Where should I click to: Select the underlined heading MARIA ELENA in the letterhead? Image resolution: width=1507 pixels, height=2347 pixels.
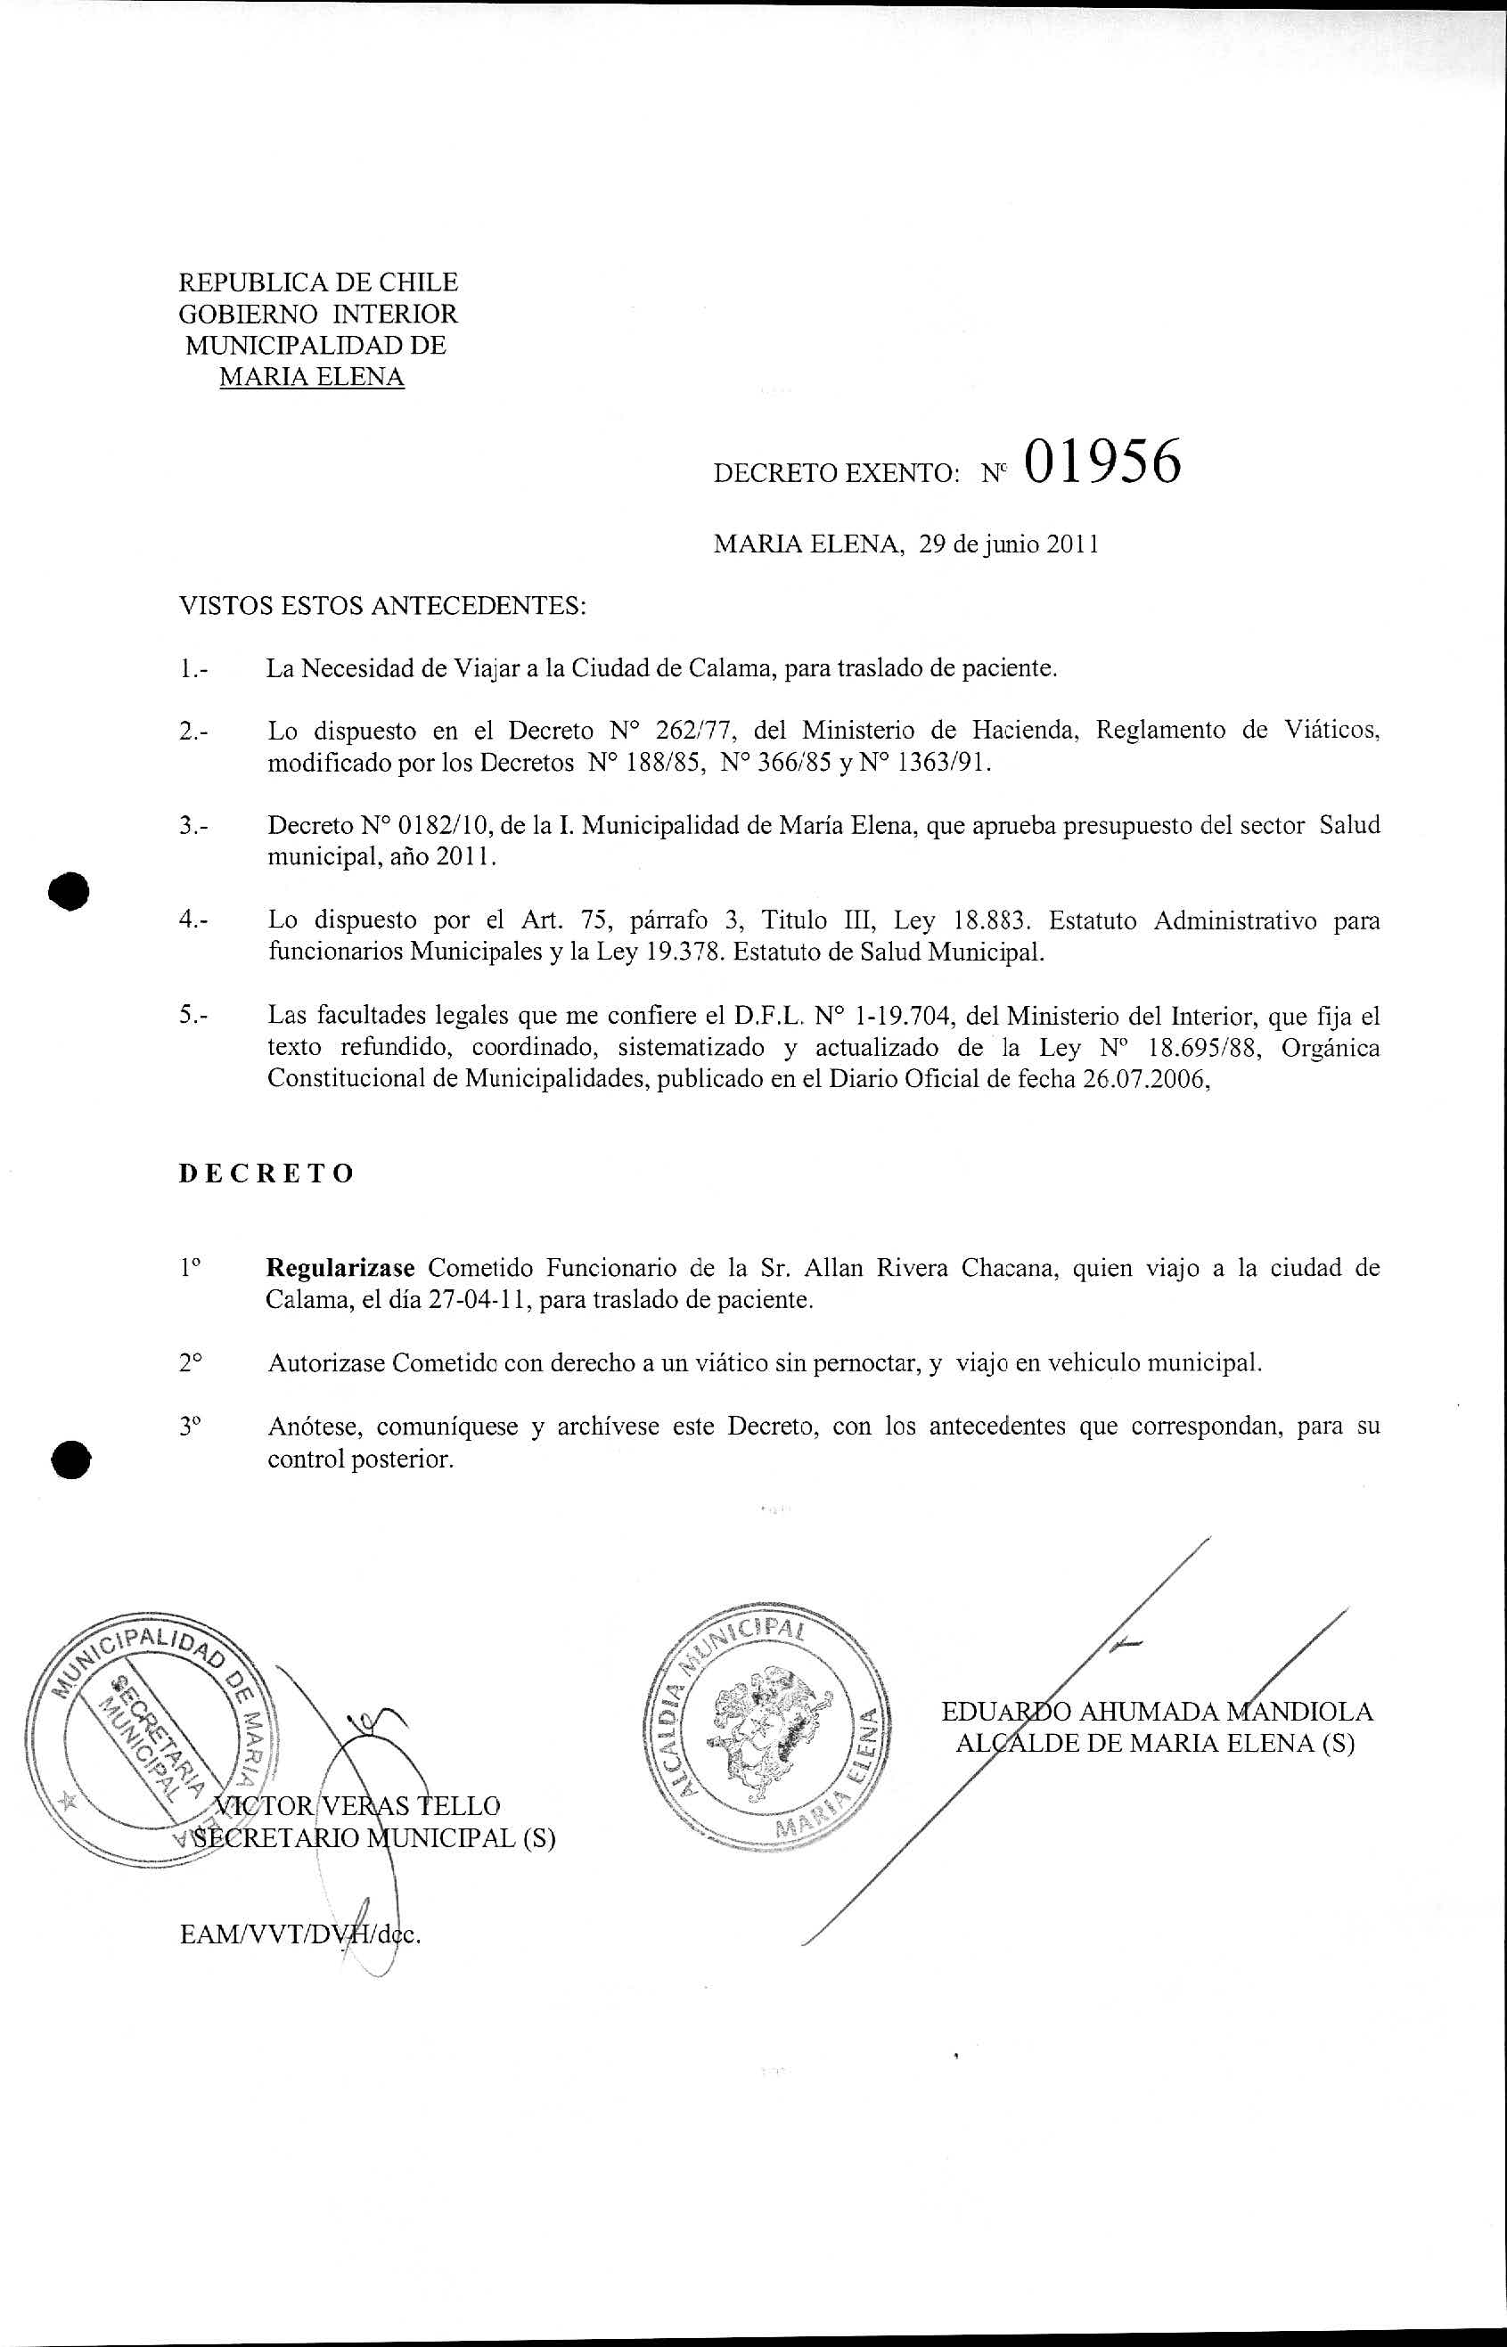311,377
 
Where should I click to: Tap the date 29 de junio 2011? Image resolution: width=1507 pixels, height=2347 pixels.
1008,545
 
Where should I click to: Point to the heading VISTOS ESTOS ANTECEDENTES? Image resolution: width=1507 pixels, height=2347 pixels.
382,607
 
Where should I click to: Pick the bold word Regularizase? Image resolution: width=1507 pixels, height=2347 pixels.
341,1269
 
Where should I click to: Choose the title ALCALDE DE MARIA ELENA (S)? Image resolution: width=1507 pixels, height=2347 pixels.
1155,1744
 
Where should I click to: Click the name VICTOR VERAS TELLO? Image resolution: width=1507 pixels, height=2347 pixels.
357,1805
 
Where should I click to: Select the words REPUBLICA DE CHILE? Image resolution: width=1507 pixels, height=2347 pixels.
318,282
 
